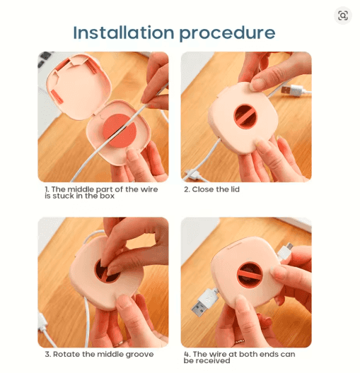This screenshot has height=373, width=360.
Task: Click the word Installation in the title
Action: point(124,32)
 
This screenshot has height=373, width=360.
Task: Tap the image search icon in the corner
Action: point(343,16)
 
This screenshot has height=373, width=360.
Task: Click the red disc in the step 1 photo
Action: point(120,131)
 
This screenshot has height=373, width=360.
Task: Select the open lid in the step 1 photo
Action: point(79,85)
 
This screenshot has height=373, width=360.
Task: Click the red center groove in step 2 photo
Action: point(245,117)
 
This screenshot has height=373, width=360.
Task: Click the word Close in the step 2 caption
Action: point(204,189)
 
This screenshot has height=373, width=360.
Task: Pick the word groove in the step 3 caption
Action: point(139,355)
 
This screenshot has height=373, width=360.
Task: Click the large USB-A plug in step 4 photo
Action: point(204,302)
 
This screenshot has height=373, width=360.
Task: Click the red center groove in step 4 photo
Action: point(250,274)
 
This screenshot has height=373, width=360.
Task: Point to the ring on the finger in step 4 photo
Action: point(240,341)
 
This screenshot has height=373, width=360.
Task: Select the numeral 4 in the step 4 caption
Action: point(186,354)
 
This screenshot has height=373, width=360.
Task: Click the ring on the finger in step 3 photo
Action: point(118,343)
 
